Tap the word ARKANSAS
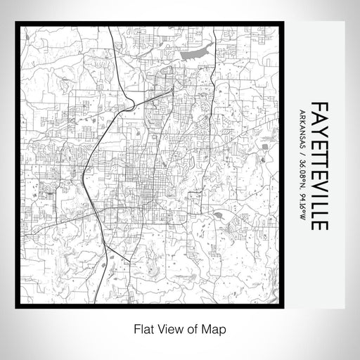302,132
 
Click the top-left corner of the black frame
16,23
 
